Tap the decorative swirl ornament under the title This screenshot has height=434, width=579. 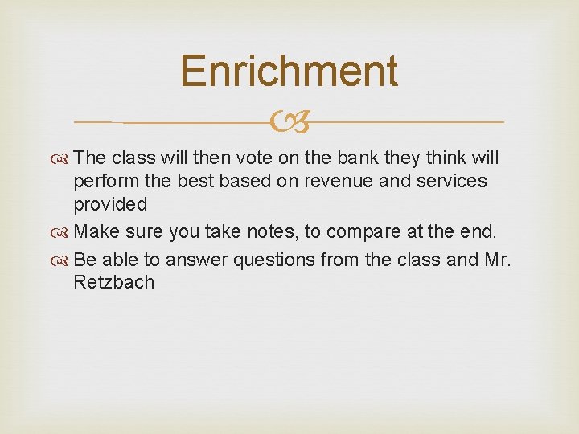pyautogui.click(x=289, y=122)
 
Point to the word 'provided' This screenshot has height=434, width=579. pyautogui.click(x=110, y=204)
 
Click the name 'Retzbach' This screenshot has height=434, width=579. pyautogui.click(x=113, y=282)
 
